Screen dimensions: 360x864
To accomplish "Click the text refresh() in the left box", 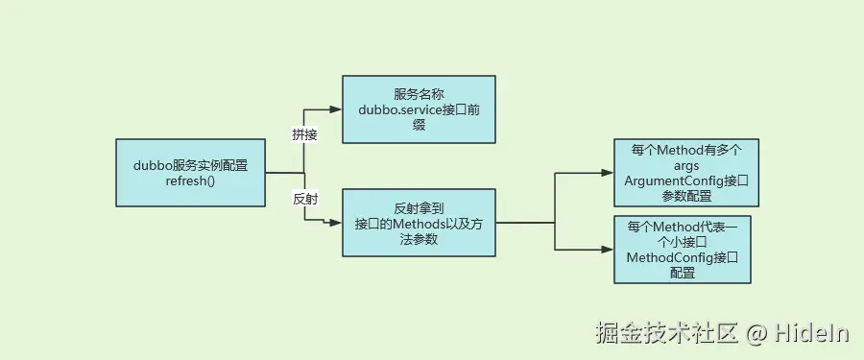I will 190,180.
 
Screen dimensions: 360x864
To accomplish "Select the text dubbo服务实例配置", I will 190,165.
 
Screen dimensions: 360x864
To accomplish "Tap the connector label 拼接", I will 304,134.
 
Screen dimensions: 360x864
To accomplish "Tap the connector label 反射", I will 304,199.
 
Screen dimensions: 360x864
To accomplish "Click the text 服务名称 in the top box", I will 419,94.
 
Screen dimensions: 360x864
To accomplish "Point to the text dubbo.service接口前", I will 419,109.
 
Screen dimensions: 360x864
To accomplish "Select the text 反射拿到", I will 419,207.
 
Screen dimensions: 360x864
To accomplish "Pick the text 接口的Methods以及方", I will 419,224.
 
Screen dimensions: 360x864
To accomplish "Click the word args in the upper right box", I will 685,165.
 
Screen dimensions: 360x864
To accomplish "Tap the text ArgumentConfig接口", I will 685,180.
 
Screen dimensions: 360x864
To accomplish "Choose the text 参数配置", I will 685,196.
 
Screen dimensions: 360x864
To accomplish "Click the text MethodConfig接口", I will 682,257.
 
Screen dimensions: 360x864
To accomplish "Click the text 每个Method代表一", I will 682,227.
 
